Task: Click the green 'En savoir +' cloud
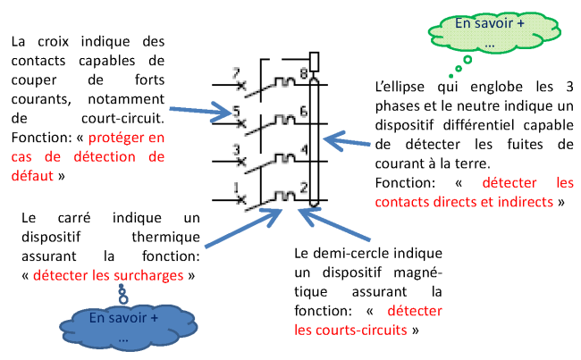[494, 32]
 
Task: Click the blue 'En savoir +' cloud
[128, 327]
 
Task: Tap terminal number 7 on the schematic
[236, 72]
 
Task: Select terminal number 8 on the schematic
[304, 73]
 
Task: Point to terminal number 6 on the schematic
[304, 111]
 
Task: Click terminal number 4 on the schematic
[304, 149]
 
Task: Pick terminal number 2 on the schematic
[304, 188]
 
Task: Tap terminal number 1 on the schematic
[236, 188]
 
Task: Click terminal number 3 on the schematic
[236, 150]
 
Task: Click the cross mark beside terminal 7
[241, 86]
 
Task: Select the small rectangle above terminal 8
[314, 62]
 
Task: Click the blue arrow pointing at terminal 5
[200, 111]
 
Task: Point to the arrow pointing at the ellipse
[347, 141]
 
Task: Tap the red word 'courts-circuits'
[350, 330]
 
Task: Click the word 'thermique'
[165, 237]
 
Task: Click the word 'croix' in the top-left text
[54, 41]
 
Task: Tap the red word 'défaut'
[32, 176]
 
